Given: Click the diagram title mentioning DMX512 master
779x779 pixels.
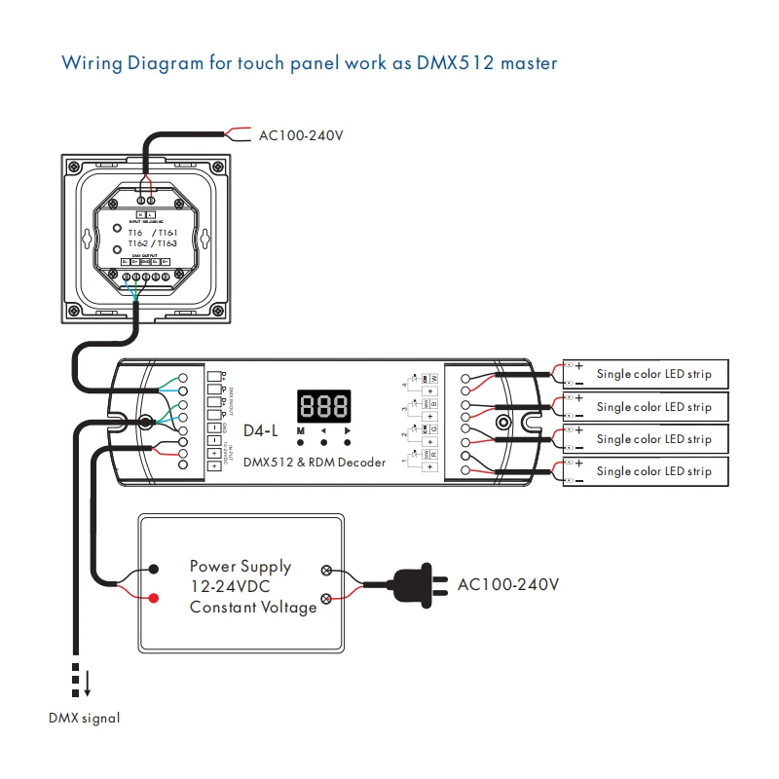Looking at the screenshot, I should click(309, 63).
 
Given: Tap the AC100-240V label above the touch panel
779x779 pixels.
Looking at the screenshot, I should click(301, 134).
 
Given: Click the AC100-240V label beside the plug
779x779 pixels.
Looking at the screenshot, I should click(508, 584).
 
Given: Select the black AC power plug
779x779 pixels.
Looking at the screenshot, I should click(417, 585).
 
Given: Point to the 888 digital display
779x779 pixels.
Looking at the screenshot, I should click(324, 405).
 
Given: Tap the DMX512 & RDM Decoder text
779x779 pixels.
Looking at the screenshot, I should click(314, 462).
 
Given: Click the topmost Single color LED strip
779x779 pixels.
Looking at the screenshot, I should click(654, 374).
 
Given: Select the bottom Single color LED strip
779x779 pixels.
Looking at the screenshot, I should click(654, 471).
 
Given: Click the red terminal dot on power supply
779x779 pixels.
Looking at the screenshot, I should click(154, 597).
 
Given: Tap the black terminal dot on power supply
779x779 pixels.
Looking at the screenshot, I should click(154, 569).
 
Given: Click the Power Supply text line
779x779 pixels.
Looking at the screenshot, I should click(240, 566).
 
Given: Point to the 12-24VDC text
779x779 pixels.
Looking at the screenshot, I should click(230, 587).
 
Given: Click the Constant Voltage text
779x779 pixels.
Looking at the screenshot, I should click(253, 608).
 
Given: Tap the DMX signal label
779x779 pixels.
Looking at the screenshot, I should click(85, 719).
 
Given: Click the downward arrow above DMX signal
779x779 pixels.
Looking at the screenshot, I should click(87, 686).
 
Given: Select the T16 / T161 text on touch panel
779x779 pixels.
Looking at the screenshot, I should click(153, 233).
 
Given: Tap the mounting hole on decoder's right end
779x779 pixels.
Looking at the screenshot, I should click(502, 423).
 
